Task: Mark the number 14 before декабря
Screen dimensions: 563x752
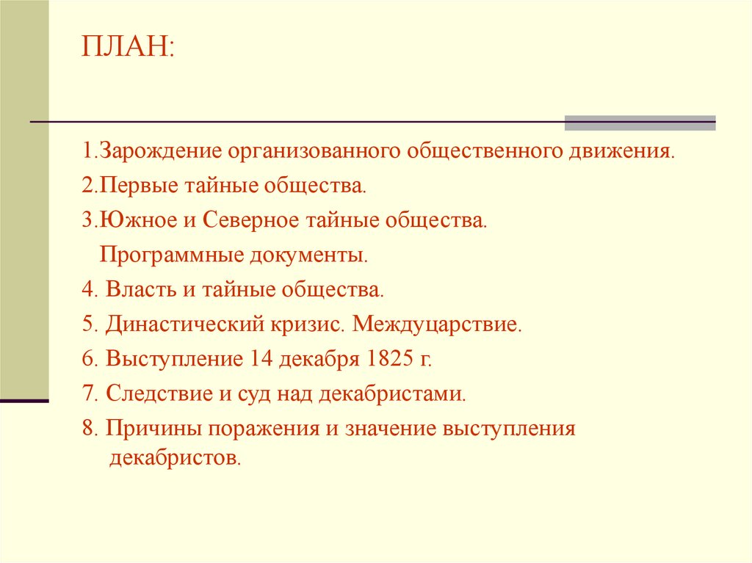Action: click(259, 359)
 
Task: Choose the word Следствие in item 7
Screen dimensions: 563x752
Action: click(153, 394)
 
